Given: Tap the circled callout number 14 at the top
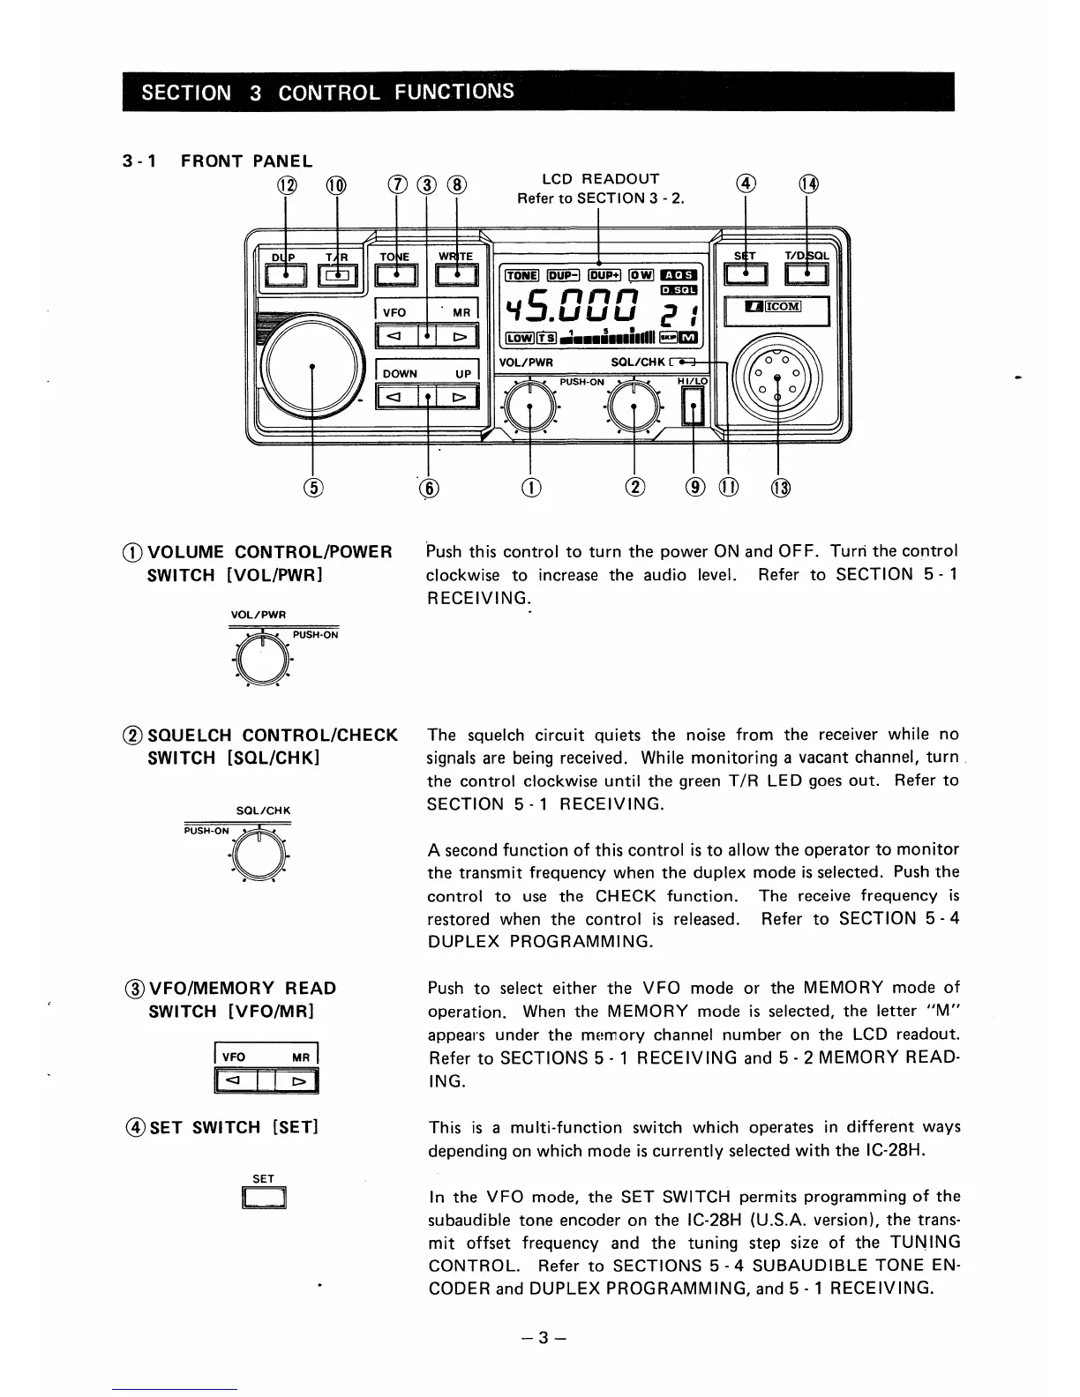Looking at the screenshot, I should click(808, 184).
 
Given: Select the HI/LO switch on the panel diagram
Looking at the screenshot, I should click(694, 407).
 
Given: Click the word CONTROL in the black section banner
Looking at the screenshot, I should click(329, 93).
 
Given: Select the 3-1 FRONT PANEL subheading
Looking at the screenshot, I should click(217, 161).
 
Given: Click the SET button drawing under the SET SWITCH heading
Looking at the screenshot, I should click(264, 1198).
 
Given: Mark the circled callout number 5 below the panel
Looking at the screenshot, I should click(314, 487).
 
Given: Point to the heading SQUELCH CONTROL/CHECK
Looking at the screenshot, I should click(273, 735).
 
